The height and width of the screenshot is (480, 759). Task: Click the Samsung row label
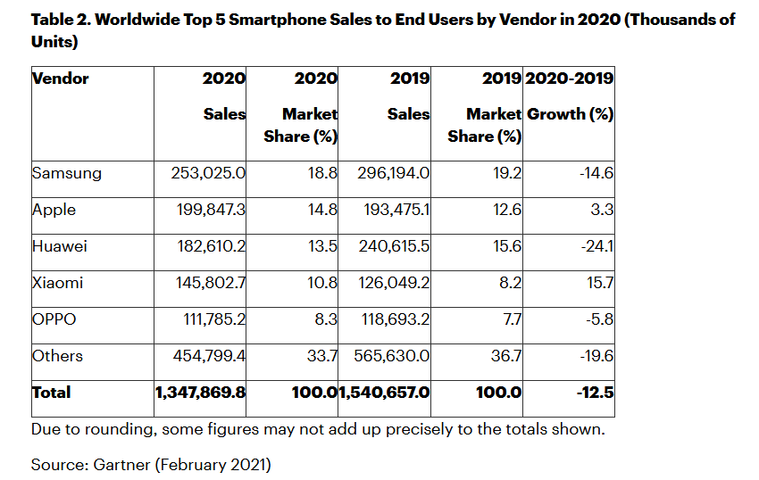point(66,173)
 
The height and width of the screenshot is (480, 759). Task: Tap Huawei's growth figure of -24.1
point(595,246)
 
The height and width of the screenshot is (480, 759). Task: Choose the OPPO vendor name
point(55,319)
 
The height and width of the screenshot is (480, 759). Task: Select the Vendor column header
point(61,79)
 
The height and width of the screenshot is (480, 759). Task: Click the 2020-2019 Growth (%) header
point(570,96)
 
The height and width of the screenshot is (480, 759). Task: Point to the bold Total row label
point(51,393)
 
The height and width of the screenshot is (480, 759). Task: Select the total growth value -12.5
point(595,393)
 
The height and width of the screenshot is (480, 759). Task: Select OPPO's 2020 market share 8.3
point(325,319)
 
